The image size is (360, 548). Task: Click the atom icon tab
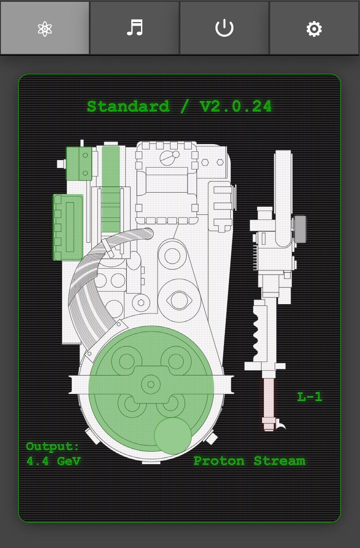[x=45, y=29]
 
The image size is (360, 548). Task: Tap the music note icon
[x=135, y=28]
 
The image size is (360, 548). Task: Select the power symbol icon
[x=224, y=28]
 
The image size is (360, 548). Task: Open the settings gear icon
[x=314, y=29]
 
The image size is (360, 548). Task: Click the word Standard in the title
[x=128, y=106]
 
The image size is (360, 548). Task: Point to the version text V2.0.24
[x=236, y=106]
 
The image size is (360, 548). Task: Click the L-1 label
[x=310, y=397]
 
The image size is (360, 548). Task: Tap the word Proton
[x=219, y=461]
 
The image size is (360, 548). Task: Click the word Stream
[x=280, y=461]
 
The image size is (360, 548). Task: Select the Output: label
[x=53, y=446]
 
